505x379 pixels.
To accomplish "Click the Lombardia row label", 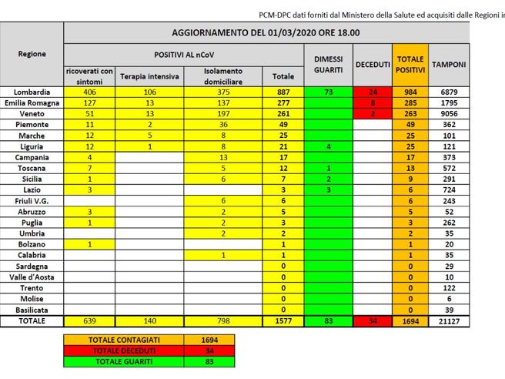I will (x=31, y=92).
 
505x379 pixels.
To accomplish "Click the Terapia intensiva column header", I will (x=149, y=76).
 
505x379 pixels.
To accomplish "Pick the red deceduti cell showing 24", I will (x=372, y=92).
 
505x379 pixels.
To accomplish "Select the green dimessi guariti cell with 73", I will (x=328, y=92).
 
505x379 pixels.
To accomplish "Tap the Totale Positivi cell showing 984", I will (x=410, y=92).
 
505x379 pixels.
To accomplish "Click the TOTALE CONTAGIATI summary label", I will (x=125, y=338).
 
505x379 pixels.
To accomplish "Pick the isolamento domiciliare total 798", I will (x=223, y=320).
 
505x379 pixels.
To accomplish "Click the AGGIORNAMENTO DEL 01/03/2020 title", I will (x=265, y=33).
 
